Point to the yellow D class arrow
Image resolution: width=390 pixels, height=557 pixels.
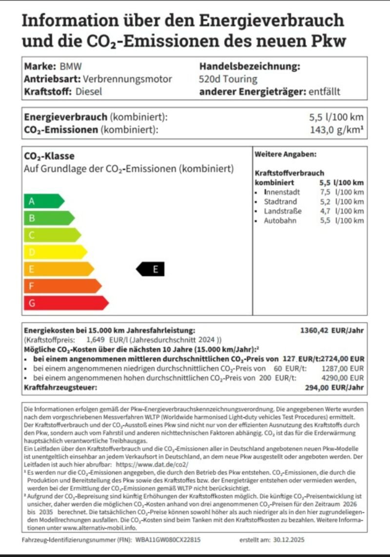point(54,252)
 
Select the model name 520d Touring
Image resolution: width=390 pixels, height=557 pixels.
point(228,79)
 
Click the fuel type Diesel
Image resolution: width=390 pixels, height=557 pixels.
point(89,91)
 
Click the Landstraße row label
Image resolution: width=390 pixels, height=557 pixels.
point(283,211)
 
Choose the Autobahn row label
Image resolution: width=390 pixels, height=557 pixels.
point(280,220)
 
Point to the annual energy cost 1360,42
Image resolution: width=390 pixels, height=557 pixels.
point(315,330)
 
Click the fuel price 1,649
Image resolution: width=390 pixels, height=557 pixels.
point(96,340)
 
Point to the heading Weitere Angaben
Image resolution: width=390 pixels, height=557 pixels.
point(285,154)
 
